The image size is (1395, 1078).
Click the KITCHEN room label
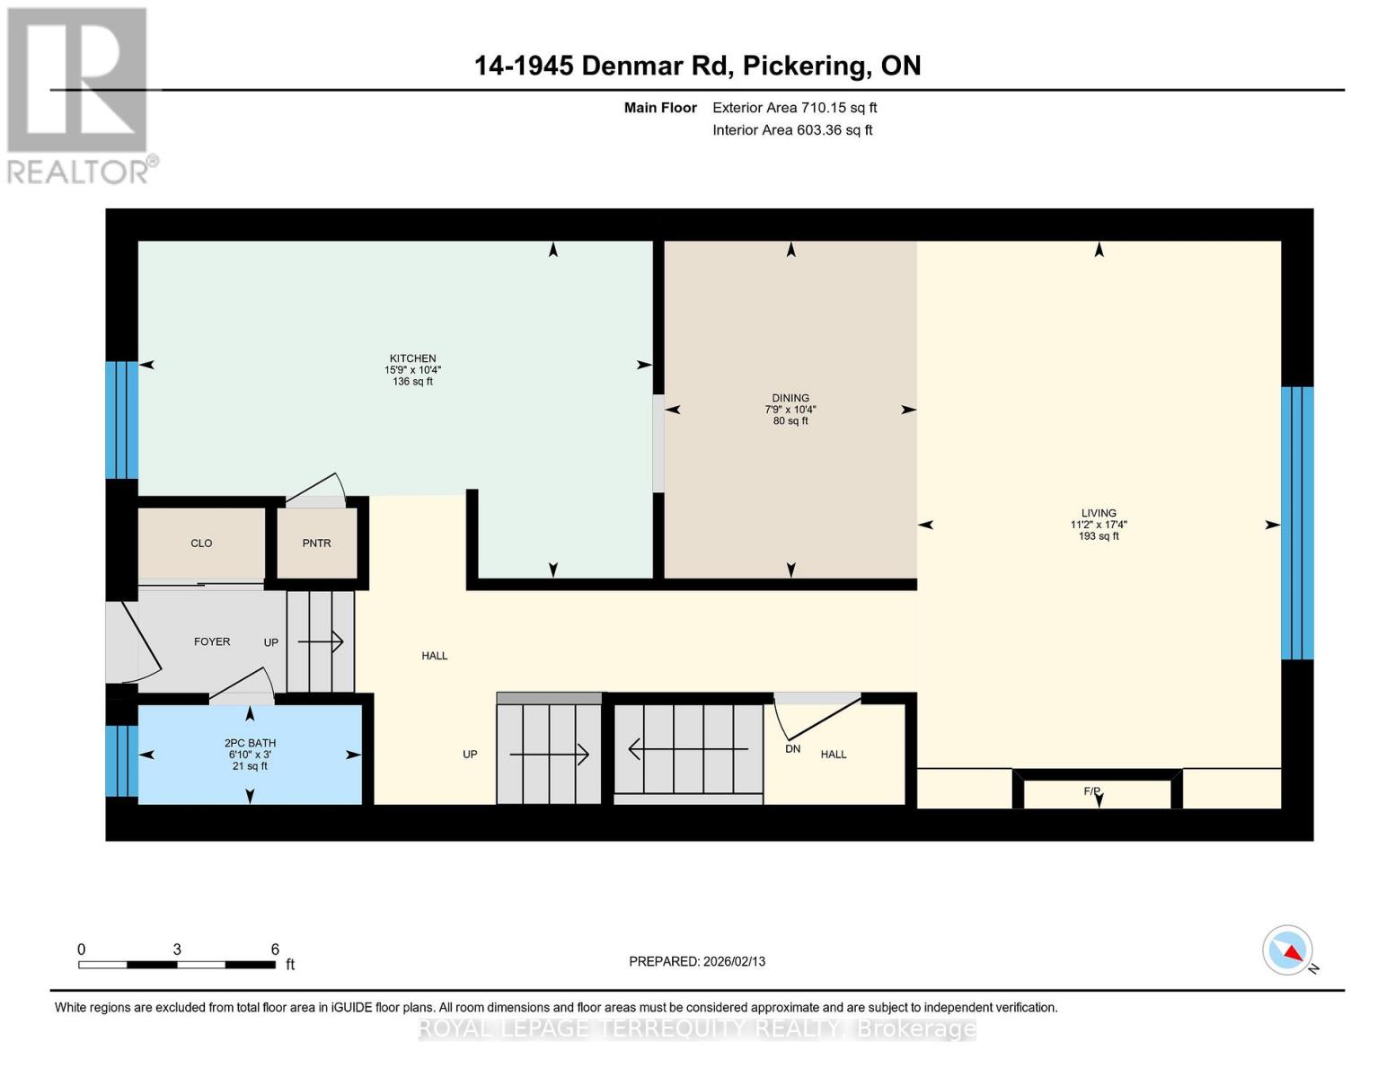[x=412, y=358]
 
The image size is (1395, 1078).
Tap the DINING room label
[x=790, y=398]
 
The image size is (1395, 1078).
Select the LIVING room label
[x=1099, y=513]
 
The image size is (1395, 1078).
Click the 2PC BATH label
[x=250, y=743]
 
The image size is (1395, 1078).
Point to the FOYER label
[x=212, y=641]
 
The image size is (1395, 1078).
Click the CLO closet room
[x=201, y=543]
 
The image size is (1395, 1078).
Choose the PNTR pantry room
[x=316, y=543]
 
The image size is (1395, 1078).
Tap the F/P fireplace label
[x=1092, y=791]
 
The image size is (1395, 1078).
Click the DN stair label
[x=792, y=748]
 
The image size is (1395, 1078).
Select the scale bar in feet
[x=177, y=965]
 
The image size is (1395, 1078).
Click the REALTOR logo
[x=79, y=94]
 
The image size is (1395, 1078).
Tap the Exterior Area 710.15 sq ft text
[x=794, y=108]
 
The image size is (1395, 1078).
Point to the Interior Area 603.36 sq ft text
[x=792, y=130]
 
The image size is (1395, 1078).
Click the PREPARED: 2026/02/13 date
[x=697, y=961]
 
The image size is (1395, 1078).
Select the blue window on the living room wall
[x=1297, y=523]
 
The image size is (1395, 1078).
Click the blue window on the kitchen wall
[x=121, y=420]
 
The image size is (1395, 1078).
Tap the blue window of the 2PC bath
[x=121, y=761]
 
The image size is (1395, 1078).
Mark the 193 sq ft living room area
[x=1099, y=536]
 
